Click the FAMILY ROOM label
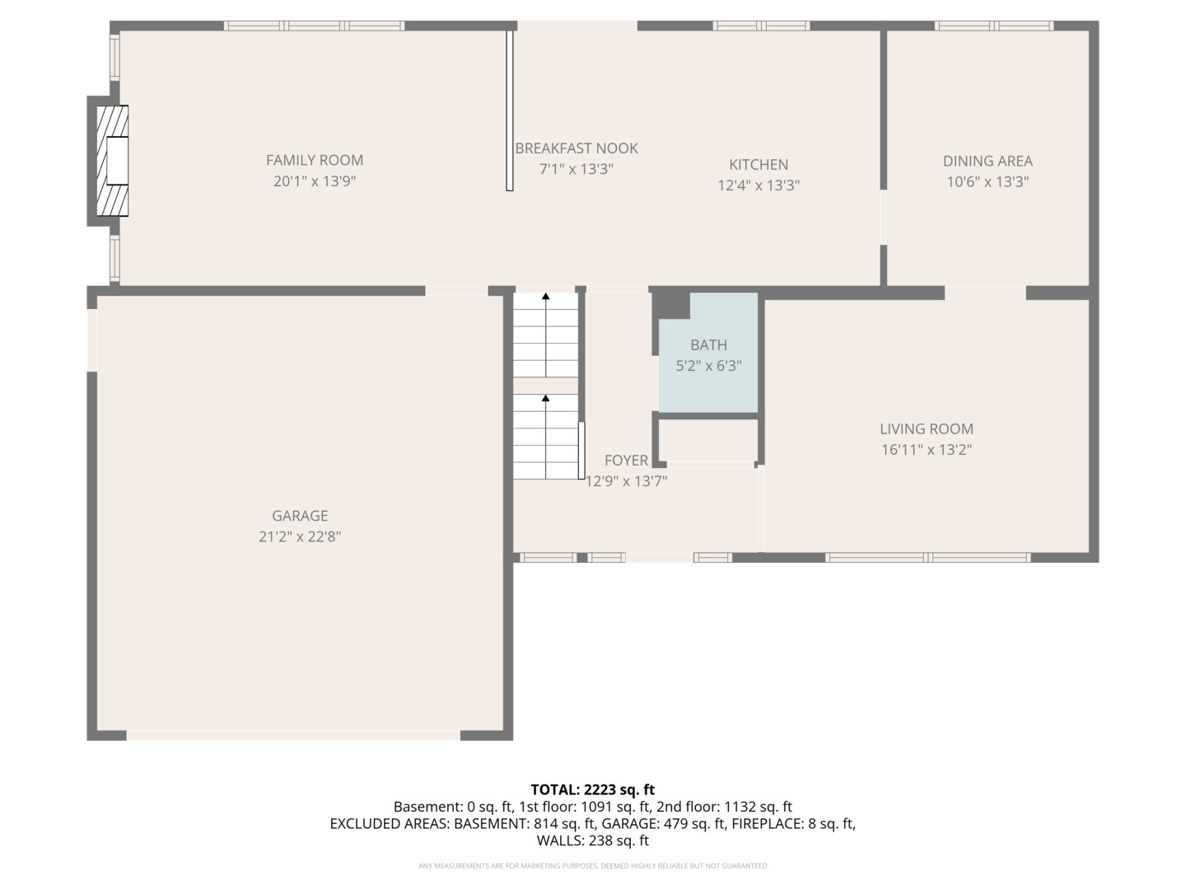point(315,160)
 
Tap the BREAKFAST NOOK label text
point(577,148)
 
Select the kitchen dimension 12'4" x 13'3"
point(759,185)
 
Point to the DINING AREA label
point(988,161)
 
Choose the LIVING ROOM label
point(927,429)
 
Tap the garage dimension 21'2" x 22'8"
point(300,536)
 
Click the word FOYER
point(626,461)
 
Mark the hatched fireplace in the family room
point(112,161)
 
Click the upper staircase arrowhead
point(546,296)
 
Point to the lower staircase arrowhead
point(546,398)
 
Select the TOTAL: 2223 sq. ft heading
point(593,790)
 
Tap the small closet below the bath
point(707,440)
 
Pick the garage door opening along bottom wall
point(293,735)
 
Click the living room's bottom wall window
point(927,558)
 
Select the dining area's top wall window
point(994,26)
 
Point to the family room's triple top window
point(314,26)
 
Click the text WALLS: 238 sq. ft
point(593,841)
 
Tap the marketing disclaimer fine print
point(593,865)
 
